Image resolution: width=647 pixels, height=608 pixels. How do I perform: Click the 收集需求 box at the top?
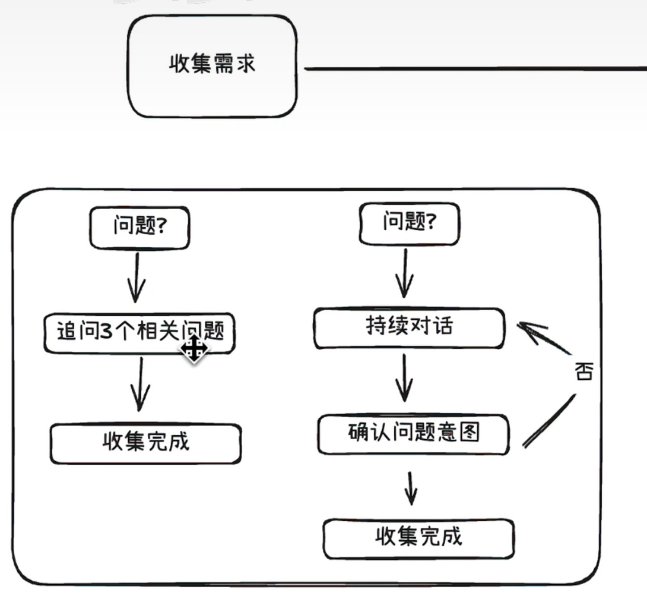point(213,65)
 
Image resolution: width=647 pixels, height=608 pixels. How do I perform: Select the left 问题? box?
point(139,228)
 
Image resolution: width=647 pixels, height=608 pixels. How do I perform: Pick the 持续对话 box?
point(409,327)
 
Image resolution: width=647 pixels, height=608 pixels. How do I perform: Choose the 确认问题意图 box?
point(413,434)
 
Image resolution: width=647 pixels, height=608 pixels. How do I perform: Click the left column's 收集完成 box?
point(145,443)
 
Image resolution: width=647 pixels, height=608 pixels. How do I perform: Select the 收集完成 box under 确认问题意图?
point(418,538)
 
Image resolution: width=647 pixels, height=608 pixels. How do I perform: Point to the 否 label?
point(583,373)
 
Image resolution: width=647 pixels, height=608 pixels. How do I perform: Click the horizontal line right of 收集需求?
point(475,68)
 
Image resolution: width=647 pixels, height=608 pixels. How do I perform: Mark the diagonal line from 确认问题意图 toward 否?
point(549,421)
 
